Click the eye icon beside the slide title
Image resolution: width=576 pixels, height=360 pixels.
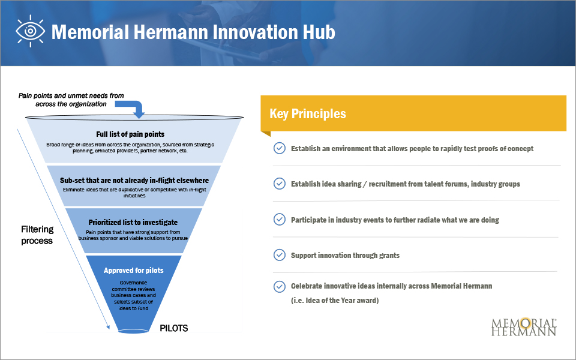(31, 31)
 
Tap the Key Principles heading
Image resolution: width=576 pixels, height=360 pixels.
(308, 113)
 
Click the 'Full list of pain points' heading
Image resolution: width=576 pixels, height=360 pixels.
(130, 134)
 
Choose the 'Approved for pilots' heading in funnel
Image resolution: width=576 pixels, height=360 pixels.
(133, 270)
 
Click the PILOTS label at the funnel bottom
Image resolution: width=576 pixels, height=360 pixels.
(174, 328)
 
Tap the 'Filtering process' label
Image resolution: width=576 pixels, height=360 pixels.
(37, 235)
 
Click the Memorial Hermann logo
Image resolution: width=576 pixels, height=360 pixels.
(524, 326)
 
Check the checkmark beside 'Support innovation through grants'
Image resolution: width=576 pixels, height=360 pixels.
(279, 255)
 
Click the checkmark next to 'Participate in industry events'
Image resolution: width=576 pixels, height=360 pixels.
(279, 220)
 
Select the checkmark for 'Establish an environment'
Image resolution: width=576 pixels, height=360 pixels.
(279, 148)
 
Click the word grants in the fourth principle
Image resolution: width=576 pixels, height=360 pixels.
(387, 255)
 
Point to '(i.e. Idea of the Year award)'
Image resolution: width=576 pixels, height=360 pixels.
(335, 300)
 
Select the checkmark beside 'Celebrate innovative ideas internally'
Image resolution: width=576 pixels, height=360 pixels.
(279, 286)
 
